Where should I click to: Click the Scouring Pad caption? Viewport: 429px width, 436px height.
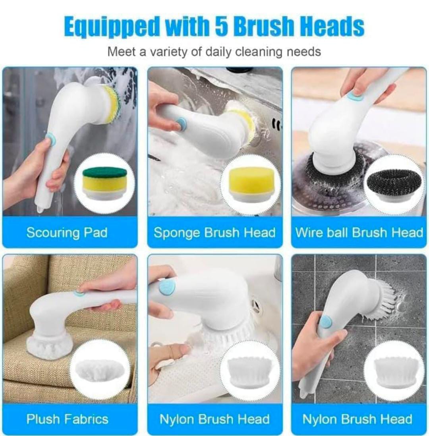tap(67, 232)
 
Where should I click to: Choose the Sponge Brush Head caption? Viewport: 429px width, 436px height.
tap(214, 232)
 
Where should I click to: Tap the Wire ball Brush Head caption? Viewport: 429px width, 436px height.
tap(359, 232)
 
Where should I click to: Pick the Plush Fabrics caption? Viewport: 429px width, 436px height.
tap(67, 419)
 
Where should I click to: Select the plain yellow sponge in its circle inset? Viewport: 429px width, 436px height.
tap(252, 183)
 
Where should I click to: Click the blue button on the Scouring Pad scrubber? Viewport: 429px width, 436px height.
tap(50, 139)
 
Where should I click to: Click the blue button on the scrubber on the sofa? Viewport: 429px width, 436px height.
tap(79, 293)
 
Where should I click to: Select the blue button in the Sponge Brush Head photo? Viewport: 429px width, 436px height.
tap(181, 123)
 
